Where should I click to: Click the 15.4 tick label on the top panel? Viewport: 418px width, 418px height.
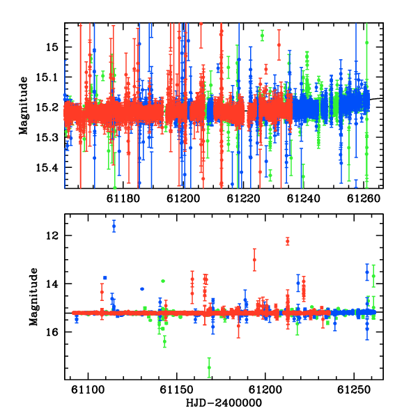(x=47, y=168)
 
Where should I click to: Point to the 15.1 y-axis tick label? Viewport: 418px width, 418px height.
(x=47, y=77)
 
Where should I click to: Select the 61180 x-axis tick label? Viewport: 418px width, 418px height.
(x=123, y=199)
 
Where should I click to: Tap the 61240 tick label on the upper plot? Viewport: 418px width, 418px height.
(x=303, y=199)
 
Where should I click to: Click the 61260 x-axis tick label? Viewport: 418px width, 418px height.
(x=364, y=199)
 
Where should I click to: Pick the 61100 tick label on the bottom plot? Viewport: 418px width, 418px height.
(x=88, y=389)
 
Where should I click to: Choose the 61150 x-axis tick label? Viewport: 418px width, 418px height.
(x=176, y=389)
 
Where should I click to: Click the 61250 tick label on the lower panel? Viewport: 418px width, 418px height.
(x=354, y=389)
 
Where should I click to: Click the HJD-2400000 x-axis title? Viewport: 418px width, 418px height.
(x=224, y=403)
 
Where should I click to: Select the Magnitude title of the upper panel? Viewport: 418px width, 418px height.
(x=24, y=106)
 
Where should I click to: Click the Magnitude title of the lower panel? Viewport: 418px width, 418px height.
(x=33, y=297)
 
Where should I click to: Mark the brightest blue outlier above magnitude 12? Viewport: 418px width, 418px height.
(x=114, y=226)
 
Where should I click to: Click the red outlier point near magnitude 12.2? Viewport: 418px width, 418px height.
(x=287, y=242)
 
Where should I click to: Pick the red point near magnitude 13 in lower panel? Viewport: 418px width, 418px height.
(x=254, y=260)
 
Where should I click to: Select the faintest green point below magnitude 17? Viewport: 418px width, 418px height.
(x=209, y=368)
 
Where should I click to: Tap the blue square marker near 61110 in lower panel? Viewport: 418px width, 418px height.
(x=105, y=278)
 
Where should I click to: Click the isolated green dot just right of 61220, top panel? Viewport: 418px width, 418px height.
(x=263, y=36)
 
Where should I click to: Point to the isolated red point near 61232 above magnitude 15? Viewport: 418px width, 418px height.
(x=279, y=45)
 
